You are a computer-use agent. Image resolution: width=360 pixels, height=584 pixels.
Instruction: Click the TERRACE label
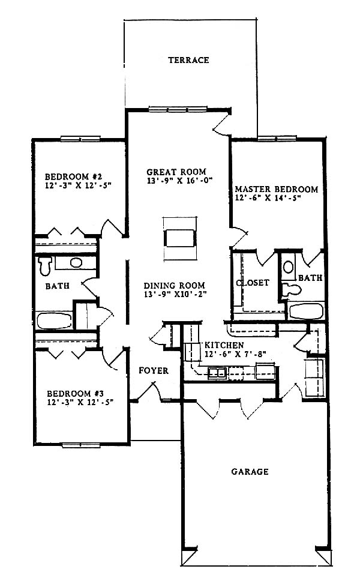pos(188,60)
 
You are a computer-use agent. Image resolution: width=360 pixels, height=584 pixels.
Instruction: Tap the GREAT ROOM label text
pos(176,172)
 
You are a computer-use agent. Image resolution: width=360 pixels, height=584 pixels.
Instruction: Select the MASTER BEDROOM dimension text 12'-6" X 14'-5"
pos(268,198)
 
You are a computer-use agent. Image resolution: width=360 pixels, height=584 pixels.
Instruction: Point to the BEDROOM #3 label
pos(75,394)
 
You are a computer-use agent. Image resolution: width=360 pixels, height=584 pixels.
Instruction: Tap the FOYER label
pos(154,370)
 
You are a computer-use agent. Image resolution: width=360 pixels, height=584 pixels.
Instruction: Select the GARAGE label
pos(250,472)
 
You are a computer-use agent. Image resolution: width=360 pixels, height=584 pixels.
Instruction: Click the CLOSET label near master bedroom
pos(253,283)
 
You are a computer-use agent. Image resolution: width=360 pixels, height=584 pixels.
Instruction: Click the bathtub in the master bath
pos(306,312)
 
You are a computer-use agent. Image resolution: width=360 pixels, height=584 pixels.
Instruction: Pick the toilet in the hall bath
pos(45,265)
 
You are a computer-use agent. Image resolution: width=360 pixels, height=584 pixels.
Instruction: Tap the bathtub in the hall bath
pos(55,320)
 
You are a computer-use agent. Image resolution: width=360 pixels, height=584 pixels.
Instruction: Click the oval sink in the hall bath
pos(76,262)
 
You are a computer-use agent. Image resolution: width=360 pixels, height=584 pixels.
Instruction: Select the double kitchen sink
pos(217,373)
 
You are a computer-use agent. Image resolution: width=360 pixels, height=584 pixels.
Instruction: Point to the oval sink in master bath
pos(288,267)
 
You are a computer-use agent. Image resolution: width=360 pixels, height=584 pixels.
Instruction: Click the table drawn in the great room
pos(179,238)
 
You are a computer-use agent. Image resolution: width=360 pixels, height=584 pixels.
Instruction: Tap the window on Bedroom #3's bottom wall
pos(81,445)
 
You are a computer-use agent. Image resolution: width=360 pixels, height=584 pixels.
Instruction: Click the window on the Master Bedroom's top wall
pos(277,139)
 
